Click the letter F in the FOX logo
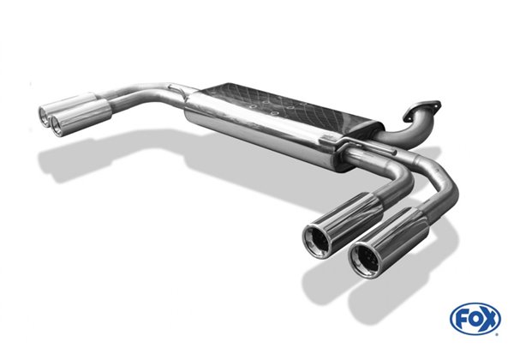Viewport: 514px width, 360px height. tap(463, 318)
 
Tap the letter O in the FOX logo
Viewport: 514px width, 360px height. tap(475, 318)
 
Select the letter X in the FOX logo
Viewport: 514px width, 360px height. tap(488, 318)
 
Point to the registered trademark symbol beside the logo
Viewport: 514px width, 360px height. tap(497, 334)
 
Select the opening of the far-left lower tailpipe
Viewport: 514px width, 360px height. tap(57, 125)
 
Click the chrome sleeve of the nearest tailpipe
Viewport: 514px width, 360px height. tap(389, 243)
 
